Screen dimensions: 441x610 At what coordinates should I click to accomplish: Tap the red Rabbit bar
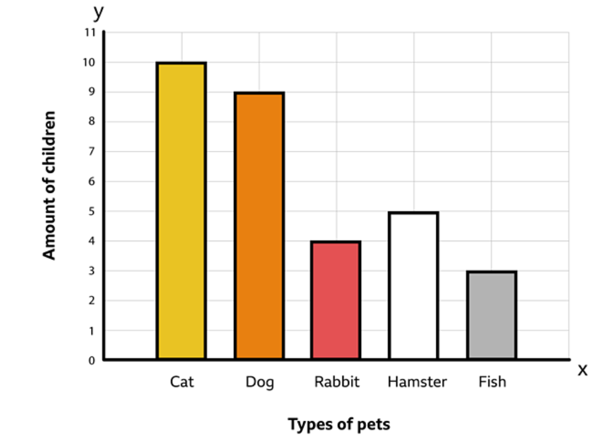[336, 300]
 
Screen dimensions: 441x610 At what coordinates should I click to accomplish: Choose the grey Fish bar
[492, 315]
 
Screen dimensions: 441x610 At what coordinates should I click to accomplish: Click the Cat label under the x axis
[182, 381]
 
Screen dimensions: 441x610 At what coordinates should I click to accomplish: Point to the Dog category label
[259, 382]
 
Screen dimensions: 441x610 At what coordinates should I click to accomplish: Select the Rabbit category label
[336, 381]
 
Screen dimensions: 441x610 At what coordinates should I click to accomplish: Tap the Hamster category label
[416, 381]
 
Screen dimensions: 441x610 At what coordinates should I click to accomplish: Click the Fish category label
[492, 381]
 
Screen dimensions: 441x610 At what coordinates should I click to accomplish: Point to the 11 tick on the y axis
[90, 32]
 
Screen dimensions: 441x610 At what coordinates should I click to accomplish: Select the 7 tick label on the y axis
[92, 152]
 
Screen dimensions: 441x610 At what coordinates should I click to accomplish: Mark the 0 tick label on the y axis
[92, 360]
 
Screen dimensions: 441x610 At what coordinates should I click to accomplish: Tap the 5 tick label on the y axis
[92, 211]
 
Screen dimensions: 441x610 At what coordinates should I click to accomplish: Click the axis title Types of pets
[339, 424]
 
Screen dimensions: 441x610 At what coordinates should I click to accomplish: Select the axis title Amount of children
[50, 185]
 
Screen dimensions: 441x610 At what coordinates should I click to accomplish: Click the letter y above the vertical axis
[98, 12]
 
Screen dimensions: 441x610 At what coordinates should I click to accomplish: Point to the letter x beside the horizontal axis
[583, 369]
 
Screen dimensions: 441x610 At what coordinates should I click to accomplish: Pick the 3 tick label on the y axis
[92, 271]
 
